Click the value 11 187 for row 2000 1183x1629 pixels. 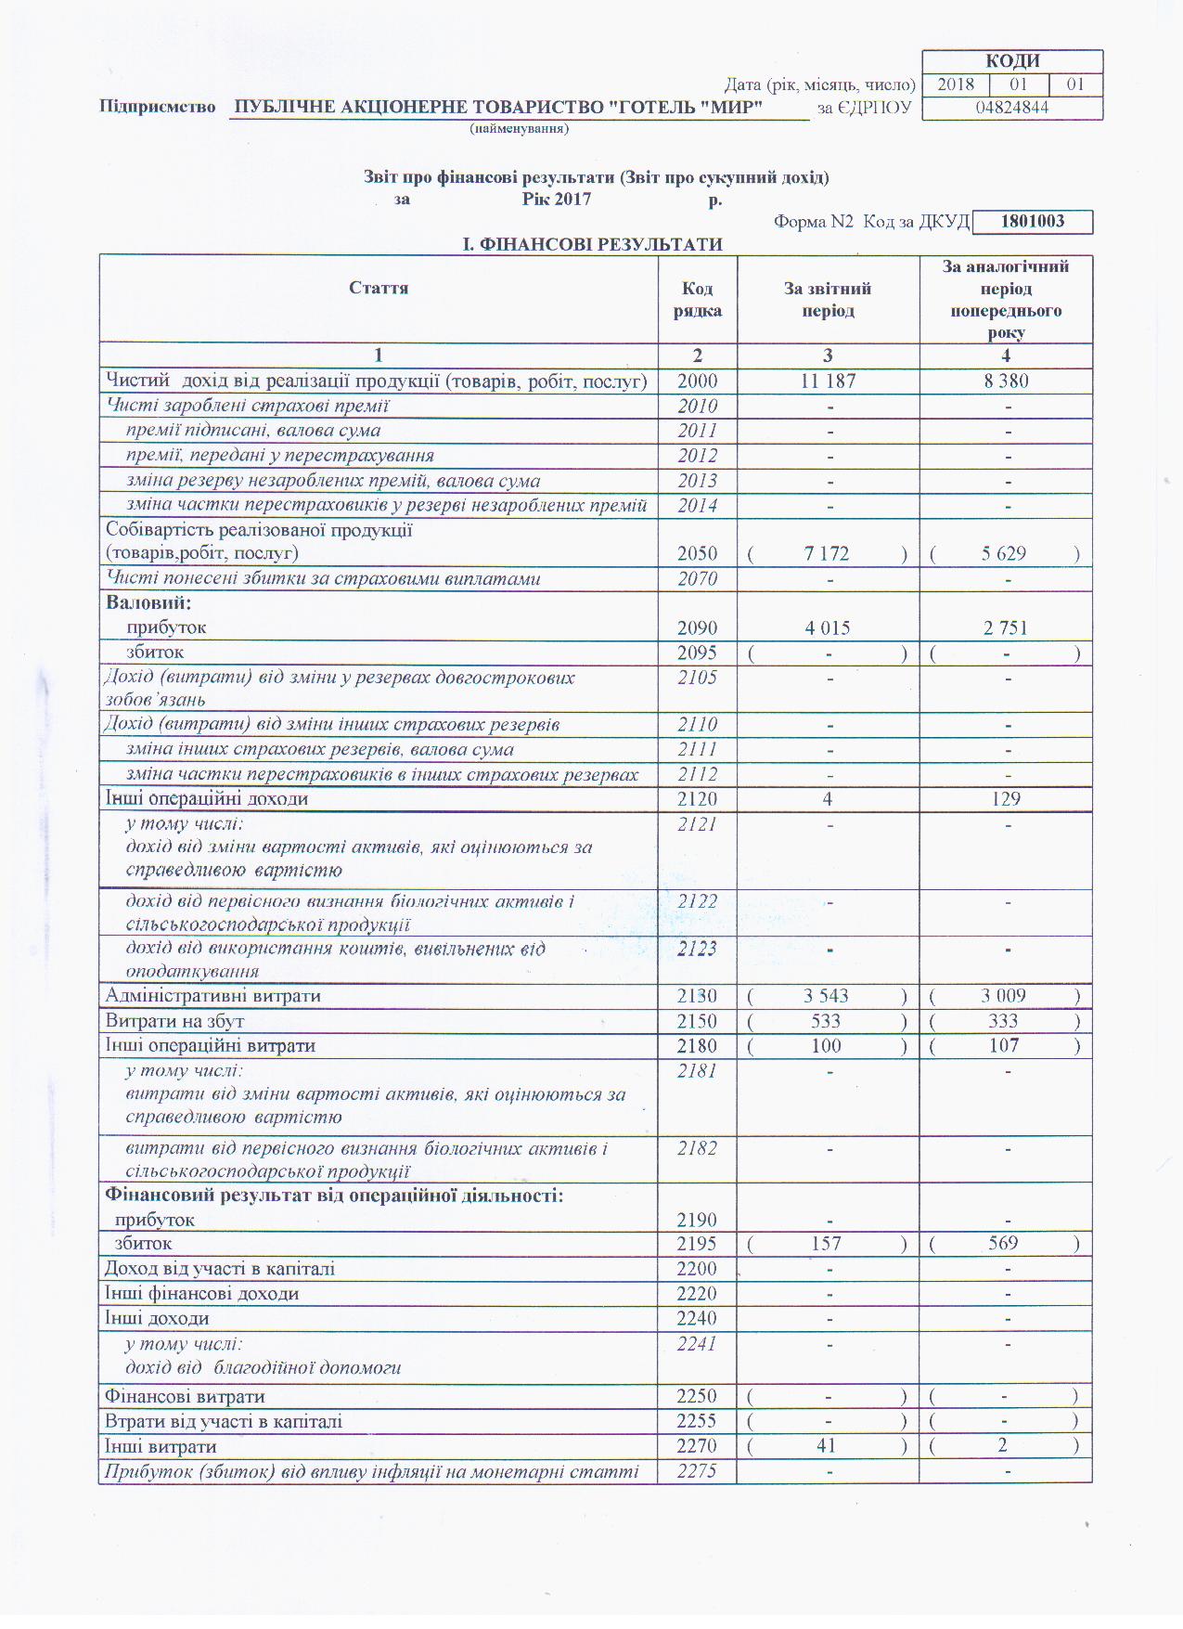tap(828, 381)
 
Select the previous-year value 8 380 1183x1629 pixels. tap(1006, 381)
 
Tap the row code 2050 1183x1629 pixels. tap(697, 554)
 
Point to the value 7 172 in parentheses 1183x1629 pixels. tap(827, 554)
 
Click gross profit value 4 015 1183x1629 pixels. tap(828, 628)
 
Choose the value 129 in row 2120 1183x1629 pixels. tap(1006, 799)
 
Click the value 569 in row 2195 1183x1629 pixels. tap(1003, 1243)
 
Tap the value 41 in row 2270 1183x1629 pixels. tap(826, 1446)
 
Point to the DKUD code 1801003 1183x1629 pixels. tap(1033, 222)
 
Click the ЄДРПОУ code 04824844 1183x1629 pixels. tap(1012, 108)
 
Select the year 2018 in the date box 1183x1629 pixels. tap(956, 84)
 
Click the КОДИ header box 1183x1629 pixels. tap(1012, 61)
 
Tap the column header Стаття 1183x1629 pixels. tap(379, 288)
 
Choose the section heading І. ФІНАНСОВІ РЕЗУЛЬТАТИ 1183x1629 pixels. tap(593, 244)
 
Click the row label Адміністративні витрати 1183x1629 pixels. tap(213, 996)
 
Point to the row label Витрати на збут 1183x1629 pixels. tap(174, 1021)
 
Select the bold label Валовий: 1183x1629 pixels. tap(148, 603)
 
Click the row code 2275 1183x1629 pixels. tap(697, 1471)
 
